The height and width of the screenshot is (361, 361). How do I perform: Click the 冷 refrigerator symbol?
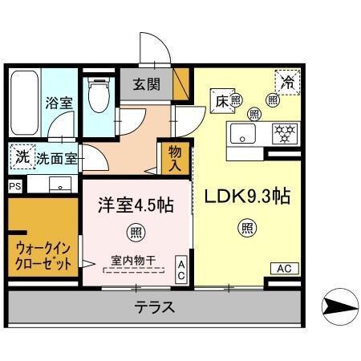tap(286, 82)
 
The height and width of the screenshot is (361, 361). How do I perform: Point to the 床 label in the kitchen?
tap(221, 100)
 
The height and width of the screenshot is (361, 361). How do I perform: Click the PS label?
tap(14, 185)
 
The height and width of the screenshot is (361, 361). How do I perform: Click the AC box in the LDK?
tap(283, 269)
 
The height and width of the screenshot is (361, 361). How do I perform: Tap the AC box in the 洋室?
tap(181, 270)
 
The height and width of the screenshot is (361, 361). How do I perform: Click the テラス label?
tap(155, 307)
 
